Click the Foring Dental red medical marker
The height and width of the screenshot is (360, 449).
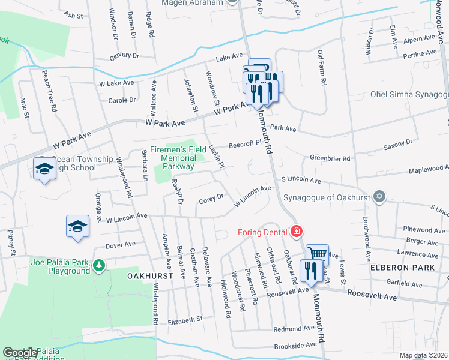pyautogui.click(x=296, y=231)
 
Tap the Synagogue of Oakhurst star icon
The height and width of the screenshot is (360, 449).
pyautogui.click(x=379, y=196)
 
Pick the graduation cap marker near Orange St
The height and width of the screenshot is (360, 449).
pyautogui.click(x=77, y=226)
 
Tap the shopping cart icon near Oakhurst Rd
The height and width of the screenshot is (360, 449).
pyautogui.click(x=318, y=254)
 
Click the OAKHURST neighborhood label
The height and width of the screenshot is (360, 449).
pyautogui.click(x=150, y=275)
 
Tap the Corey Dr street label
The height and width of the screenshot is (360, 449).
pyautogui.click(x=211, y=197)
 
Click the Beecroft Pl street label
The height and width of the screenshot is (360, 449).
pyautogui.click(x=246, y=144)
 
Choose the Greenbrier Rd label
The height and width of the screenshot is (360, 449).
pyautogui.click(x=330, y=158)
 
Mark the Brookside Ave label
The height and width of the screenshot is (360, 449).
pyautogui.click(x=295, y=346)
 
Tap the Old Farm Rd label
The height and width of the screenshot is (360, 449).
pyautogui.click(x=322, y=67)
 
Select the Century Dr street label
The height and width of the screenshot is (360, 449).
pyautogui.click(x=124, y=55)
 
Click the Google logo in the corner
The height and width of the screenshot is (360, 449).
pyautogui.click(x=20, y=353)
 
